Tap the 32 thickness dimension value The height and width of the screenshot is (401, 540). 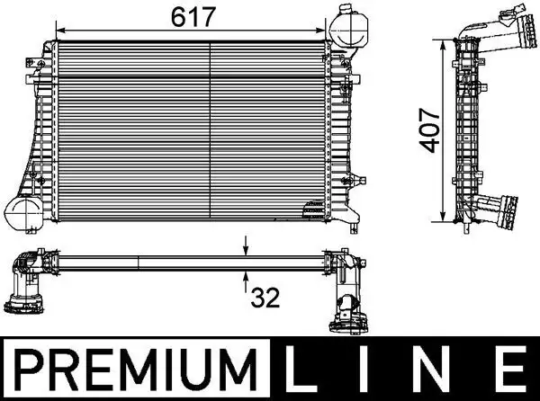[265, 295]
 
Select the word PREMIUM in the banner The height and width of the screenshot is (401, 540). [135, 369]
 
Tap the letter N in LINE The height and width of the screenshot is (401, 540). [438, 369]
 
